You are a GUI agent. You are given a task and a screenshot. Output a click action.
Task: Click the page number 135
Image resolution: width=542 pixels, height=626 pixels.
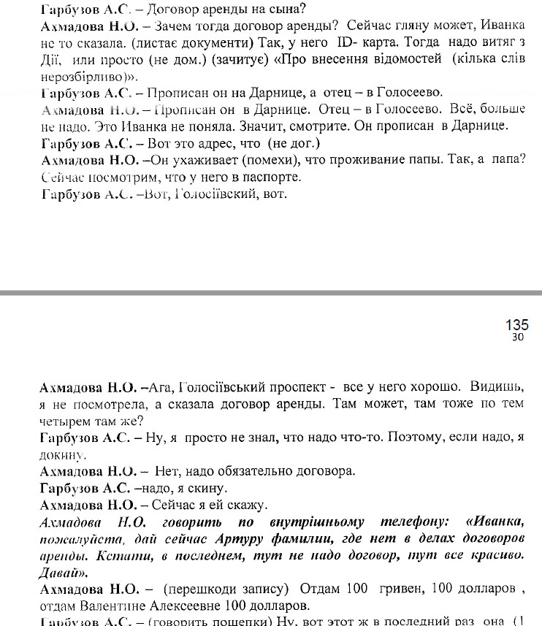(516, 325)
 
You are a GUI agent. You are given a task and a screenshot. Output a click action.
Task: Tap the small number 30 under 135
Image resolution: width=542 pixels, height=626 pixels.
(518, 337)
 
